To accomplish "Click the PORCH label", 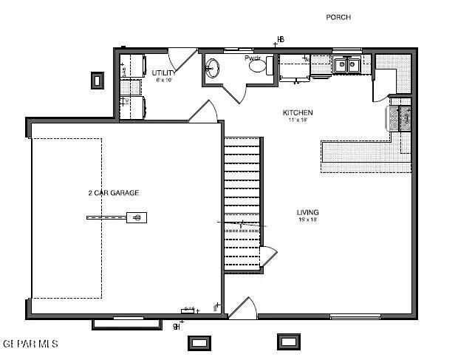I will click(x=338, y=17).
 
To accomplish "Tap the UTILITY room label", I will click(x=163, y=72).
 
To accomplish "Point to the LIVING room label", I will click(x=308, y=212).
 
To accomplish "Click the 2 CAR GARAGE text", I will click(x=113, y=193).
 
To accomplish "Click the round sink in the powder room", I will click(x=211, y=69).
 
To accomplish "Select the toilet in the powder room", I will click(x=258, y=67).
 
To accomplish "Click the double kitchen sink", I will click(x=345, y=65).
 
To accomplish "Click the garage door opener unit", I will click(x=136, y=217).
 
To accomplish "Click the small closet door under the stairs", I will click(x=268, y=257).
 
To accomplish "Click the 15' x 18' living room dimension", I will click(x=308, y=220).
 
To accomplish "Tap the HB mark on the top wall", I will click(x=280, y=39).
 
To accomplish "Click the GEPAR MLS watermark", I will click(x=30, y=344).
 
